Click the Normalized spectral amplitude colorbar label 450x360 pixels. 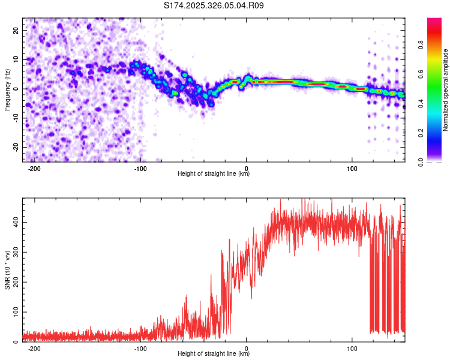(445, 90)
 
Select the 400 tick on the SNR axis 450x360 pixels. (16, 222)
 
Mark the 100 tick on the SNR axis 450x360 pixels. (16, 312)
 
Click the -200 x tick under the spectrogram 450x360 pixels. (34, 168)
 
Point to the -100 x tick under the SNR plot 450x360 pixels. (140, 348)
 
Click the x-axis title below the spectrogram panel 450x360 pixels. (214, 174)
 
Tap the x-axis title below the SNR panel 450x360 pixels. (214, 354)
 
